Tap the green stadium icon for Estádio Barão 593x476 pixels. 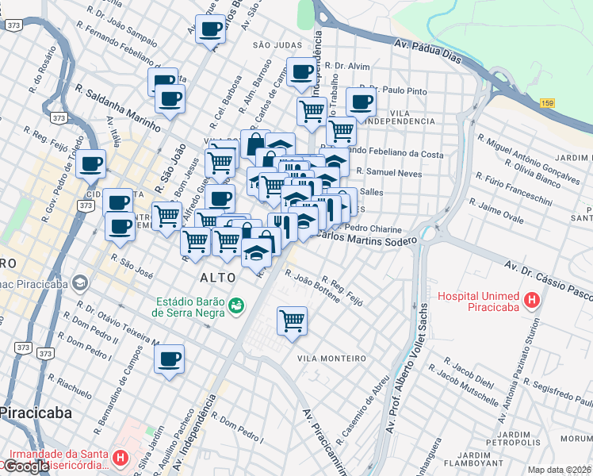pyautogui.click(x=235, y=305)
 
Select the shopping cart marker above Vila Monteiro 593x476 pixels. pyautogui.click(x=292, y=321)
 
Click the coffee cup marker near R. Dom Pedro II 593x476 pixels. pyautogui.click(x=169, y=359)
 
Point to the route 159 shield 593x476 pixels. pyautogui.click(x=547, y=103)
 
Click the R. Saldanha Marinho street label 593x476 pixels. pyautogui.click(x=118, y=104)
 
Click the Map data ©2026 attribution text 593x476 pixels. pyautogui.click(x=560, y=470)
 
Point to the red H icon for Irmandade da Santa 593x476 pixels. pyautogui.click(x=120, y=458)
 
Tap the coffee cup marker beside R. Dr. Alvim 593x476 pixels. pyautogui.click(x=301, y=73)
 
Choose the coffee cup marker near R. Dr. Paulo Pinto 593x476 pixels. pyautogui.click(x=361, y=102)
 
